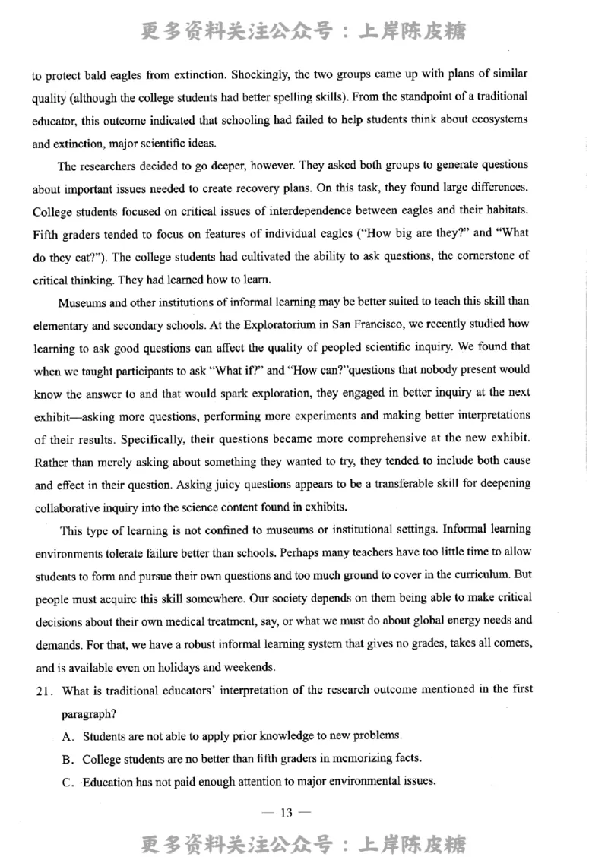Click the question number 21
[x=42, y=691]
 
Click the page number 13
[x=286, y=814]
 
